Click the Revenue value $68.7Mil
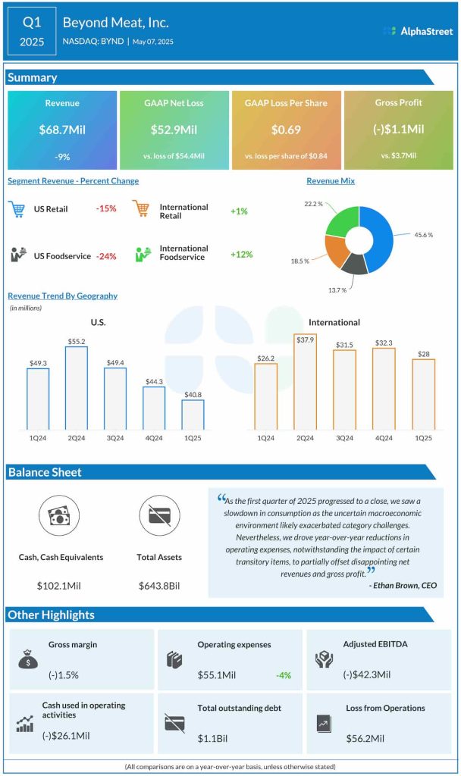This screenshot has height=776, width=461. tap(62, 130)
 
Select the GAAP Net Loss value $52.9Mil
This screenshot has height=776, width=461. tap(174, 130)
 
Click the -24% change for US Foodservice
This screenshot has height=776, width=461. tap(106, 256)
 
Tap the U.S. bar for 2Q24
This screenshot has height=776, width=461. tap(75, 388)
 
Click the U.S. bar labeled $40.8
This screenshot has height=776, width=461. tap(193, 415)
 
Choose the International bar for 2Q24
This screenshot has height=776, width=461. tap(305, 382)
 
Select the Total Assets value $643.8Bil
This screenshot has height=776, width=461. tap(160, 586)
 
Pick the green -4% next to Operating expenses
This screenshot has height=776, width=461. tap(283, 674)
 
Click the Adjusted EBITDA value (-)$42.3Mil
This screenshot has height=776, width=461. tap(367, 674)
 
